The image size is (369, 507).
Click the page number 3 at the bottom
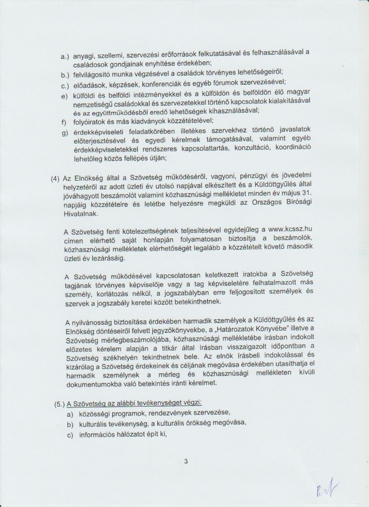click(186, 461)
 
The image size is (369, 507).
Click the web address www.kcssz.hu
click(290, 229)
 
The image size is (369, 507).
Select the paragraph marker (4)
click(55, 179)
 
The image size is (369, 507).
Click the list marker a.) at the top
click(65, 56)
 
